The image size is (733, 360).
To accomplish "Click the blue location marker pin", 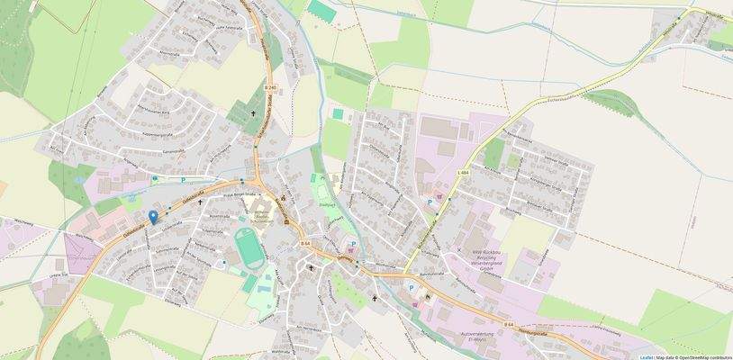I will coord(153,216).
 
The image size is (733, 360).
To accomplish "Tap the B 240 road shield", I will coord(271,86).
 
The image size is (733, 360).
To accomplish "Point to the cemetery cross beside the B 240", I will coord(254,114).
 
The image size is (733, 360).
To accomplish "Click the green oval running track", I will coord(244,245).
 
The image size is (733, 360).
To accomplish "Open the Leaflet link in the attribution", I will coord(647,356).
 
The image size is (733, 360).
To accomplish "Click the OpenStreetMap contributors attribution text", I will coord(706,356).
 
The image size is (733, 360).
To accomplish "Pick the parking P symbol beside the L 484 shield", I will coord(430,202).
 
